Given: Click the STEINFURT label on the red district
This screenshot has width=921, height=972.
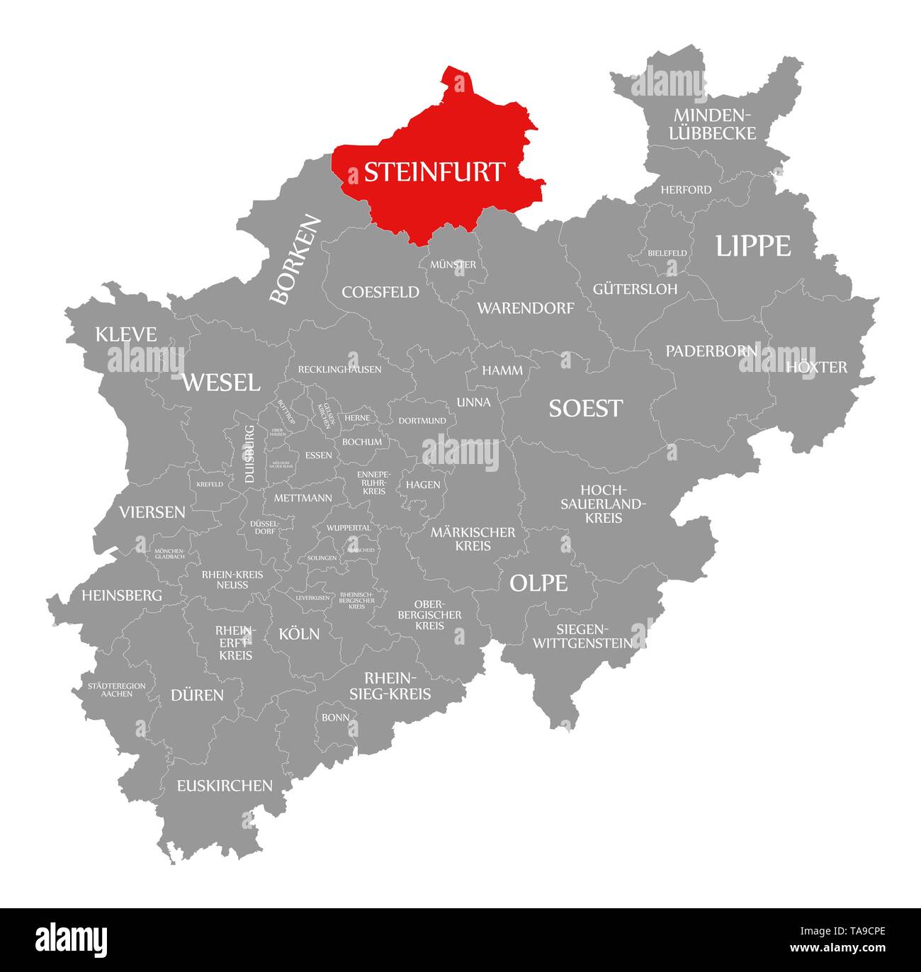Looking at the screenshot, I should point(434,172).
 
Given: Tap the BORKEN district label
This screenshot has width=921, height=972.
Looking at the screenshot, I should point(295,260).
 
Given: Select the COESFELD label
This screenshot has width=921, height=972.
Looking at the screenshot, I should point(380,292).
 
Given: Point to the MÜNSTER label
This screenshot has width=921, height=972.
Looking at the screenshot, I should point(453,264).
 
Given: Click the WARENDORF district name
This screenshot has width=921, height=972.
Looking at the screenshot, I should point(525,308).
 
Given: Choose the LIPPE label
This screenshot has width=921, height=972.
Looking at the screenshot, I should point(752,246).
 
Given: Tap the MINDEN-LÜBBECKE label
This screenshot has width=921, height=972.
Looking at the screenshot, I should point(713,124).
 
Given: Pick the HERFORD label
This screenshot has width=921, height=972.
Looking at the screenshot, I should point(686,190).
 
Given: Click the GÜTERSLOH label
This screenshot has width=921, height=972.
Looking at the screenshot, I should point(635,289).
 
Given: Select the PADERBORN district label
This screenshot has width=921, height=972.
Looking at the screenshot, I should point(711,351).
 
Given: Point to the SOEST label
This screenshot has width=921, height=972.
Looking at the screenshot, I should point(585,408).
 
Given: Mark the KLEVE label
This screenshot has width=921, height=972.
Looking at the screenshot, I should point(126,334).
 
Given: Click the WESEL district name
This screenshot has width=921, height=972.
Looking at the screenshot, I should point(221,383).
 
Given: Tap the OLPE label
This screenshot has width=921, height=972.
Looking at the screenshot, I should point(538,583).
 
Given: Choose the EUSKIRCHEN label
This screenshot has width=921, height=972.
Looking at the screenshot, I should point(225,785).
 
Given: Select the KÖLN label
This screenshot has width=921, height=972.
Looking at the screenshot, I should point(299,633).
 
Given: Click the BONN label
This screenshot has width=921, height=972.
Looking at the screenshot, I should point(335,717).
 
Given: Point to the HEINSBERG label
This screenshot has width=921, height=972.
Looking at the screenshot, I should point(122,595).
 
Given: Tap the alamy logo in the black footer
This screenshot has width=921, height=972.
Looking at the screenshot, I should point(72,939).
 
